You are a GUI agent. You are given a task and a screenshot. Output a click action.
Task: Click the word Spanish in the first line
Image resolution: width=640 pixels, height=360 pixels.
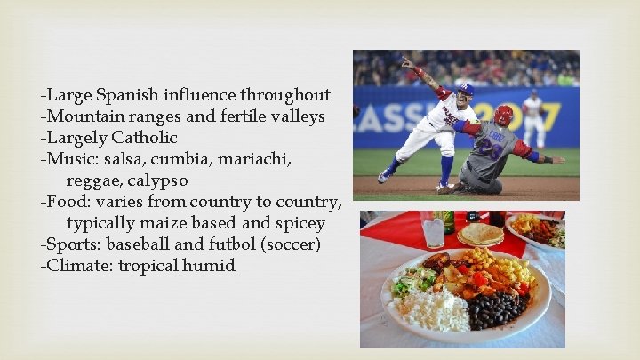pos(125,94)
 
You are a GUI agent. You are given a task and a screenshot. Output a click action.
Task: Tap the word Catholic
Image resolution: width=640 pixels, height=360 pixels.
pos(144,138)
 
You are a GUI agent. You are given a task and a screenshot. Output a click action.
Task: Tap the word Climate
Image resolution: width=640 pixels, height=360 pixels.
pos(79,265)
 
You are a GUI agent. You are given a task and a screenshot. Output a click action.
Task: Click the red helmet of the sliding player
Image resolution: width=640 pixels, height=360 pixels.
pos(503,115)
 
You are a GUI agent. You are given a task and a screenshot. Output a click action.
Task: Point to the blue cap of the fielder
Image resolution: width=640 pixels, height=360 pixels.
pos(464,89)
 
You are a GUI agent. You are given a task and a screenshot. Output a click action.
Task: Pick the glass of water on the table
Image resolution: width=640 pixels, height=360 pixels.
pos(434,232)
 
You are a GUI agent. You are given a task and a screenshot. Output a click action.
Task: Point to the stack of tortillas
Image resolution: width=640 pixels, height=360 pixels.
pos(481,234)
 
